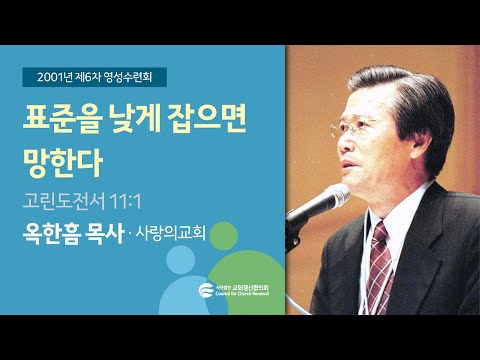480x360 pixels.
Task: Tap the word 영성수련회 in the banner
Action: (139, 75)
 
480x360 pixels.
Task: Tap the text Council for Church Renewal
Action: (245, 297)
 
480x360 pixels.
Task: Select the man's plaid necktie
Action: (380, 264)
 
